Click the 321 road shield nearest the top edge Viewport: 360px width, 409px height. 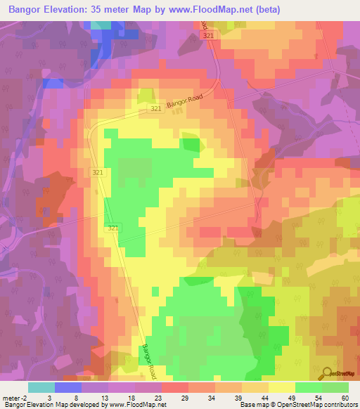pyautogui.click(x=207, y=35)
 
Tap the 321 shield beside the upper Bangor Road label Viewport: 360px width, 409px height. pyautogui.click(x=156, y=109)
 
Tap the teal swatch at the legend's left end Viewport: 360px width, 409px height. pyautogui.click(x=41, y=387)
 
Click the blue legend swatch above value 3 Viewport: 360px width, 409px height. pyautogui.click(x=68, y=387)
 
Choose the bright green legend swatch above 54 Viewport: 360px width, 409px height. pyautogui.click(x=308, y=387)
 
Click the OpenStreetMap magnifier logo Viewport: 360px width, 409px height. pyautogui.click(x=326, y=373)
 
